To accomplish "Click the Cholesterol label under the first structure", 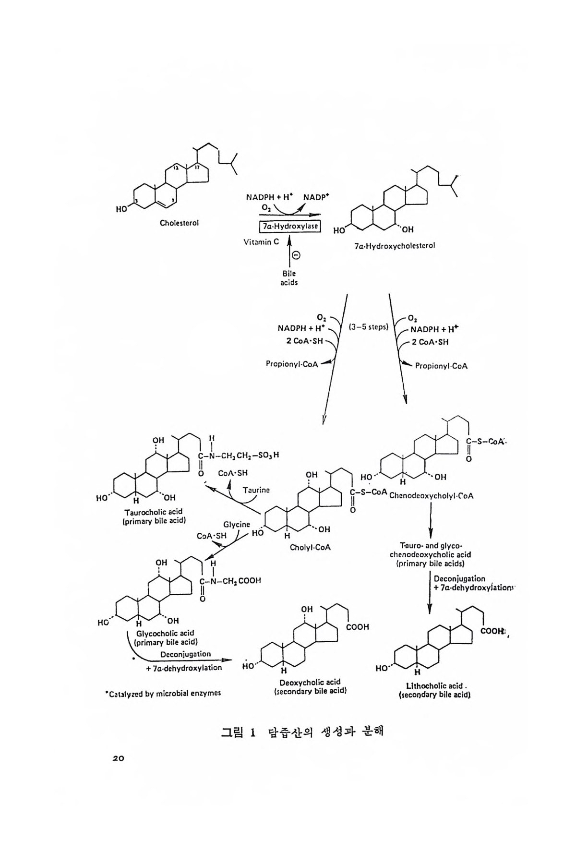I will pos(179,223).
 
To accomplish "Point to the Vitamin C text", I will pos(261,242).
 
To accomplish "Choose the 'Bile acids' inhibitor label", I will pos(289,278).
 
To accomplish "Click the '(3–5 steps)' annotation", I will pos(368,328).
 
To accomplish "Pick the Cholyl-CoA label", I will pos(310,547).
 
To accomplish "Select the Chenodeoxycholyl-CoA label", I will pos(432,496).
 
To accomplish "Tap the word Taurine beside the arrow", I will pos(256,490).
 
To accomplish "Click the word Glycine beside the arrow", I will pos(237,525).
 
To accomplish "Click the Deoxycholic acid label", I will pos(310,682).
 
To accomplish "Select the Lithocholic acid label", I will pos(433,686).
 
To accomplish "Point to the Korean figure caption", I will pos(302,733).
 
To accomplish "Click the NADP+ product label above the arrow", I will pos(316,197).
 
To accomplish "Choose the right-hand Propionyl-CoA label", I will pos(441,366).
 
